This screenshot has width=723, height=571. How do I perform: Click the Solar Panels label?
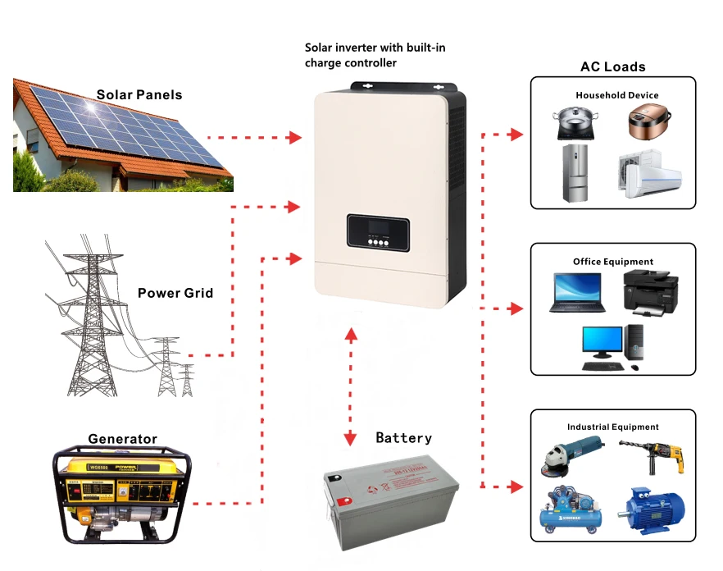(x=139, y=94)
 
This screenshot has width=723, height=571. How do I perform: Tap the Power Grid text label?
(x=175, y=293)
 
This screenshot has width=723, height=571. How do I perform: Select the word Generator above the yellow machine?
(x=122, y=439)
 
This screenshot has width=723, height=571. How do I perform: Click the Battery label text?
(x=403, y=438)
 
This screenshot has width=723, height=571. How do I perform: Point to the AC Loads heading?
(x=612, y=67)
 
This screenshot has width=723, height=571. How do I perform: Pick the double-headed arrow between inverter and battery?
(x=351, y=386)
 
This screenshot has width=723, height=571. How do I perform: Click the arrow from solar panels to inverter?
(x=254, y=137)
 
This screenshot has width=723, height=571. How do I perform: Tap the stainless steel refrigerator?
(x=576, y=173)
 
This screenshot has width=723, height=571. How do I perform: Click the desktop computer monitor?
(x=602, y=345)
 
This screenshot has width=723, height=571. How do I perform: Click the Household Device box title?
(x=616, y=95)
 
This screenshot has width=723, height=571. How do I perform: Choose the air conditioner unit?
(x=649, y=175)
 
